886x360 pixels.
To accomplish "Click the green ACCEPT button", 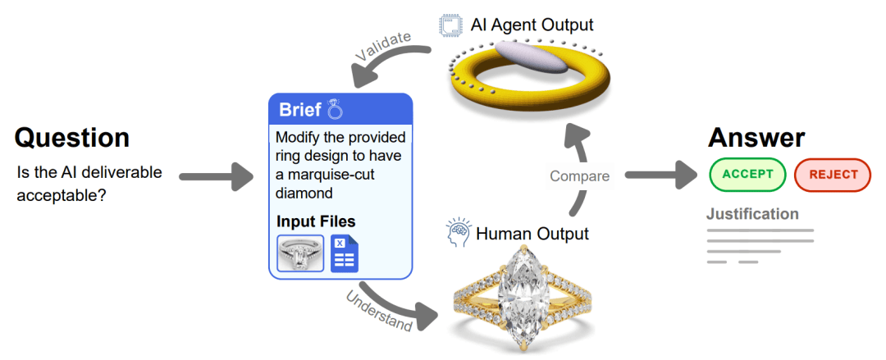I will [747, 174].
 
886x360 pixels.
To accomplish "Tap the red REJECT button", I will [833, 174].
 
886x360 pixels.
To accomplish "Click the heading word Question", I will [72, 137].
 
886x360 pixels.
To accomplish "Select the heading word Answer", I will [756, 137].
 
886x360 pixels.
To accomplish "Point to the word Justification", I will [752, 214].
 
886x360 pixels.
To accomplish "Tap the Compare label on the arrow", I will [580, 175].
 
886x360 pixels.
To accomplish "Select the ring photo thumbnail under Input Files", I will [300, 253].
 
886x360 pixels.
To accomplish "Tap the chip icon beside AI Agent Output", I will [450, 25].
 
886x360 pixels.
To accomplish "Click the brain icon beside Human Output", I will [458, 234].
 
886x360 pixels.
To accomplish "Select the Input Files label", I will [316, 221].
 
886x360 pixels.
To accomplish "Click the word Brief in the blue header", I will [300, 110].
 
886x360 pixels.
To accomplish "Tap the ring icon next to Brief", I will [334, 109].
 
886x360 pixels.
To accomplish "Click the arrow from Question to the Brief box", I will [216, 175].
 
